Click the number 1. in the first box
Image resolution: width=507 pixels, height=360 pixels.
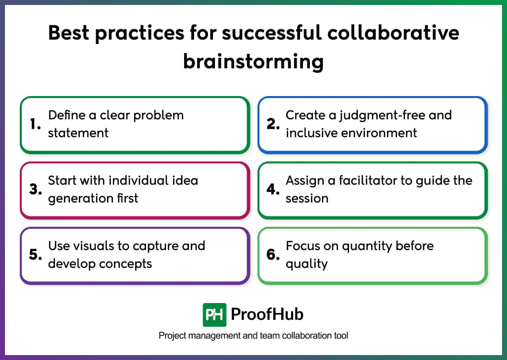pyautogui.click(x=35, y=124)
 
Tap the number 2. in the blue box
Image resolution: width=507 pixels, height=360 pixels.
pyautogui.click(x=273, y=124)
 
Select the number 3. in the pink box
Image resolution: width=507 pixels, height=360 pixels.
pyautogui.click(x=35, y=190)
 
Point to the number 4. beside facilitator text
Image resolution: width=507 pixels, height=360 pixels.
pyautogui.click(x=273, y=190)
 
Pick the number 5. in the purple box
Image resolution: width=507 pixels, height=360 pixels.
pyautogui.click(x=35, y=255)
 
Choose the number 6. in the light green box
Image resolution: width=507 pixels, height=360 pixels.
pyautogui.click(x=273, y=255)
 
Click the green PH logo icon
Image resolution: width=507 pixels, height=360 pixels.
pyautogui.click(x=214, y=314)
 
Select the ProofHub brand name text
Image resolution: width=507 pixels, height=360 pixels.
pyautogui.click(x=267, y=314)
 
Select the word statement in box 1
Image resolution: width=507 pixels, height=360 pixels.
pyautogui.click(x=78, y=133)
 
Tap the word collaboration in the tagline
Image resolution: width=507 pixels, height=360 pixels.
pyautogui.click(x=291, y=336)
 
